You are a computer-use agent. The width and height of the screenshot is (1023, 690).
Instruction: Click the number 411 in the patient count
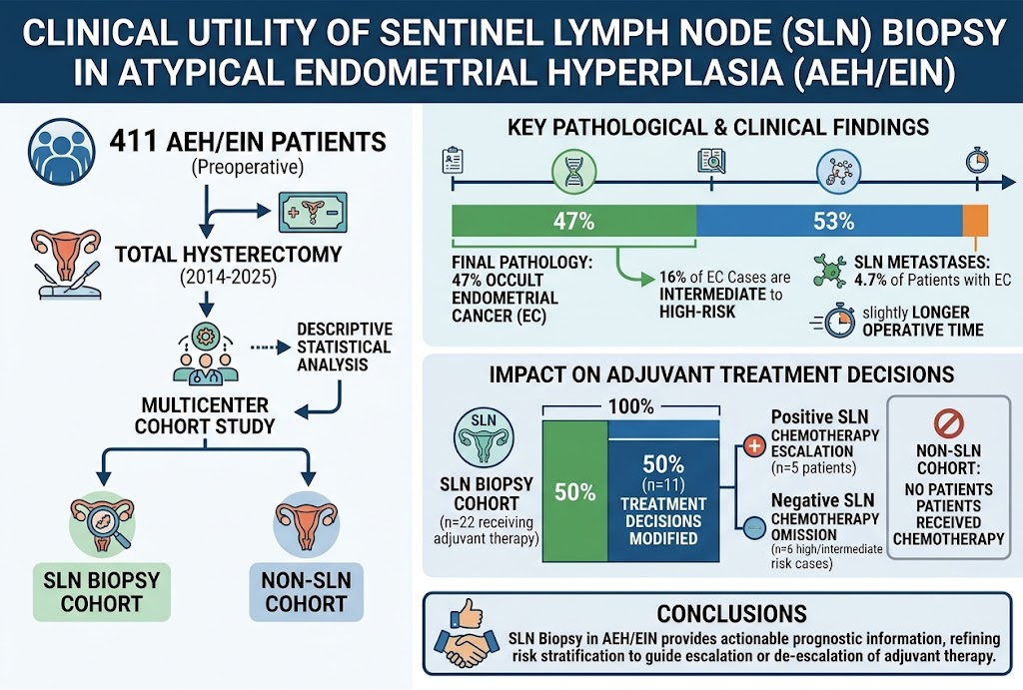point(135,141)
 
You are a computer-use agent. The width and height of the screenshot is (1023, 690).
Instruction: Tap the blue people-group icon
point(62,152)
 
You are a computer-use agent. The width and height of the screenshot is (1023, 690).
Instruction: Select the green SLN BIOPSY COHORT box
point(102,592)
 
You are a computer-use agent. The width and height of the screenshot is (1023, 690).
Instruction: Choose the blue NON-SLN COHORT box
point(306,592)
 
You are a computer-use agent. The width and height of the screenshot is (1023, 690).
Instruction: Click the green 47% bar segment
point(574,221)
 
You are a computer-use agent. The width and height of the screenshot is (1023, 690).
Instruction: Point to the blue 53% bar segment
point(830,221)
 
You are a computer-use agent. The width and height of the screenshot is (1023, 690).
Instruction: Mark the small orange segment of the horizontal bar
point(976,221)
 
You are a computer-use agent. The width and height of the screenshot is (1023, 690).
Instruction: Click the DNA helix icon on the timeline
point(574,172)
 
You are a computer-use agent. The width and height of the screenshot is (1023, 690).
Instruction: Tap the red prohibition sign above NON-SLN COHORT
point(949,423)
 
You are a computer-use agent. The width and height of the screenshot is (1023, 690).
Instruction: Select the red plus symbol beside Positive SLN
point(754,446)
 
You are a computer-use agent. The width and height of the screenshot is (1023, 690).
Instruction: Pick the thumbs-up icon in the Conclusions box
point(466,614)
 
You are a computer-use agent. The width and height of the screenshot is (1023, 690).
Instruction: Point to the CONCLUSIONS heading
point(731,614)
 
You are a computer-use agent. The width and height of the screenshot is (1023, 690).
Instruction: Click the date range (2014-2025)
point(229,278)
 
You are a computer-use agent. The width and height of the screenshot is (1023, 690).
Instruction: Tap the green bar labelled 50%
point(574,491)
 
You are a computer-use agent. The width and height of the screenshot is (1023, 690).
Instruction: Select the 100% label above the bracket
point(631,407)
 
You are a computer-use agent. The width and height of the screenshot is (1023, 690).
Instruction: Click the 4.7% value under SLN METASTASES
point(870,281)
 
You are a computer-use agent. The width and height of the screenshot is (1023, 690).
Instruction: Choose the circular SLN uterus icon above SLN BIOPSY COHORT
point(484,437)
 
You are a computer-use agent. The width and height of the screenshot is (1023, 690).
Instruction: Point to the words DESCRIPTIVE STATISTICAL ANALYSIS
point(344,346)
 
